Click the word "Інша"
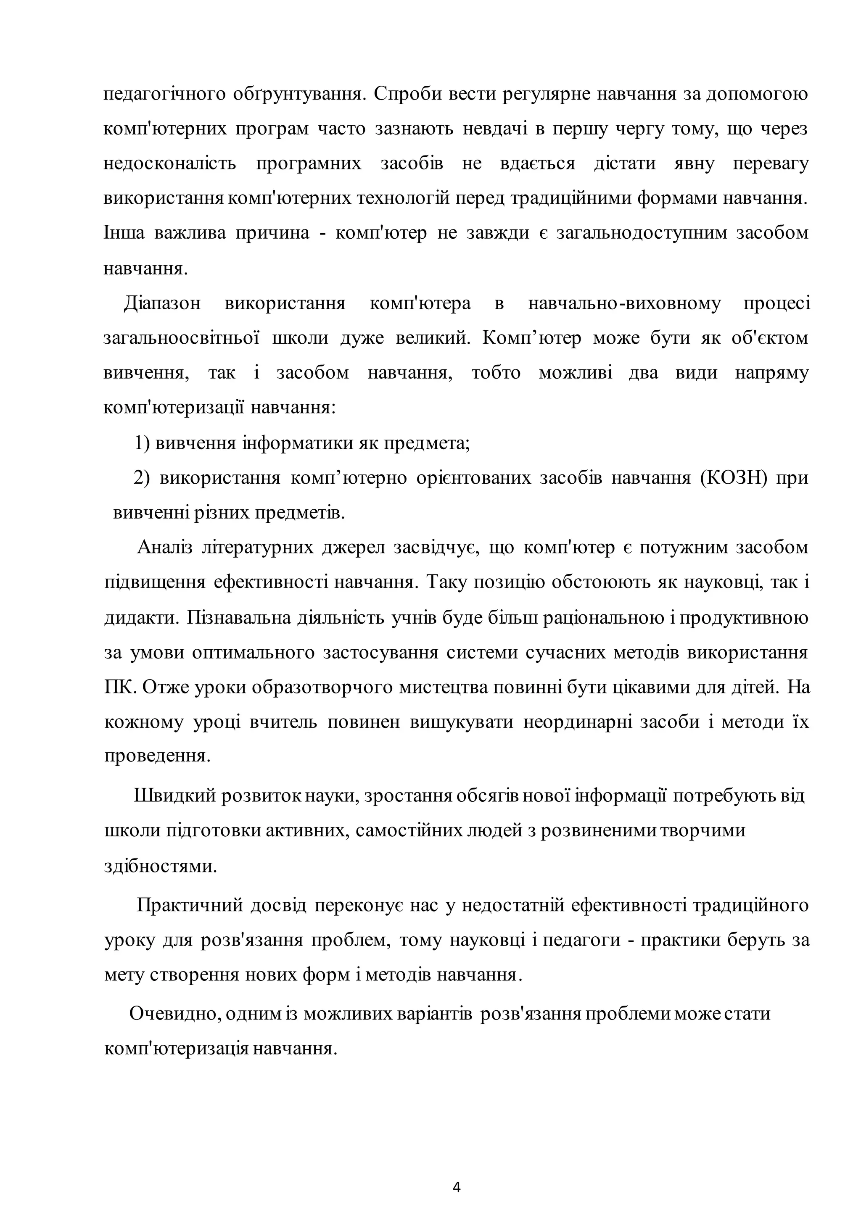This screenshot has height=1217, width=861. [124, 233]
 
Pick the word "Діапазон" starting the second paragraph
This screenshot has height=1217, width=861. [162, 304]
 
